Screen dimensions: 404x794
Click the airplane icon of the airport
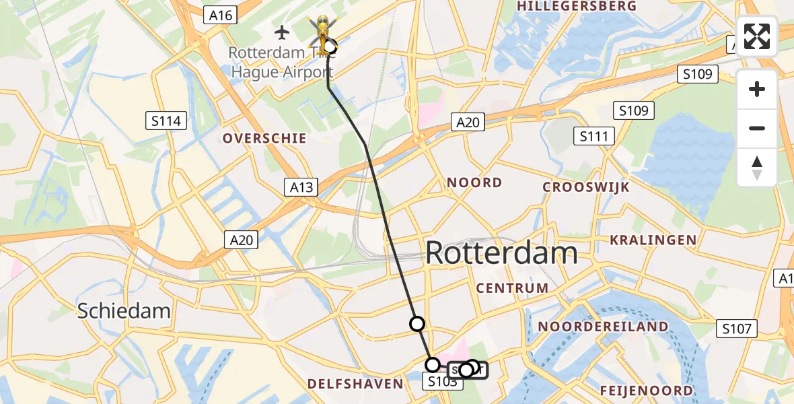click(283, 32)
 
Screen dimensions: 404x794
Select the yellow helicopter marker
click(322, 31)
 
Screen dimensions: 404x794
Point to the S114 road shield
click(166, 121)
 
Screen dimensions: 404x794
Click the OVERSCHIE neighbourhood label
click(264, 139)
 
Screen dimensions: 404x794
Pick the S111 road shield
click(594, 137)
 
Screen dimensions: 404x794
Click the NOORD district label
click(474, 182)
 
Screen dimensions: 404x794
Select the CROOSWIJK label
click(586, 187)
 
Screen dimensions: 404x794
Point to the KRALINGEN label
click(653, 240)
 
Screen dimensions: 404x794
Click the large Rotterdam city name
click(501, 254)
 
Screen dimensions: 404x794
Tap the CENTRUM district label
click(512, 288)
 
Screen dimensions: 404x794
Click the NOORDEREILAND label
click(603, 327)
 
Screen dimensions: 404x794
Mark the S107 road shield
click(737, 329)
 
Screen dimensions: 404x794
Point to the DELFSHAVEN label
click(355, 384)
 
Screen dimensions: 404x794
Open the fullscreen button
click(757, 36)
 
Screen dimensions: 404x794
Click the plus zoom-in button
click(757, 89)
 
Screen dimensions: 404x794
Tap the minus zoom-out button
click(757, 128)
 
